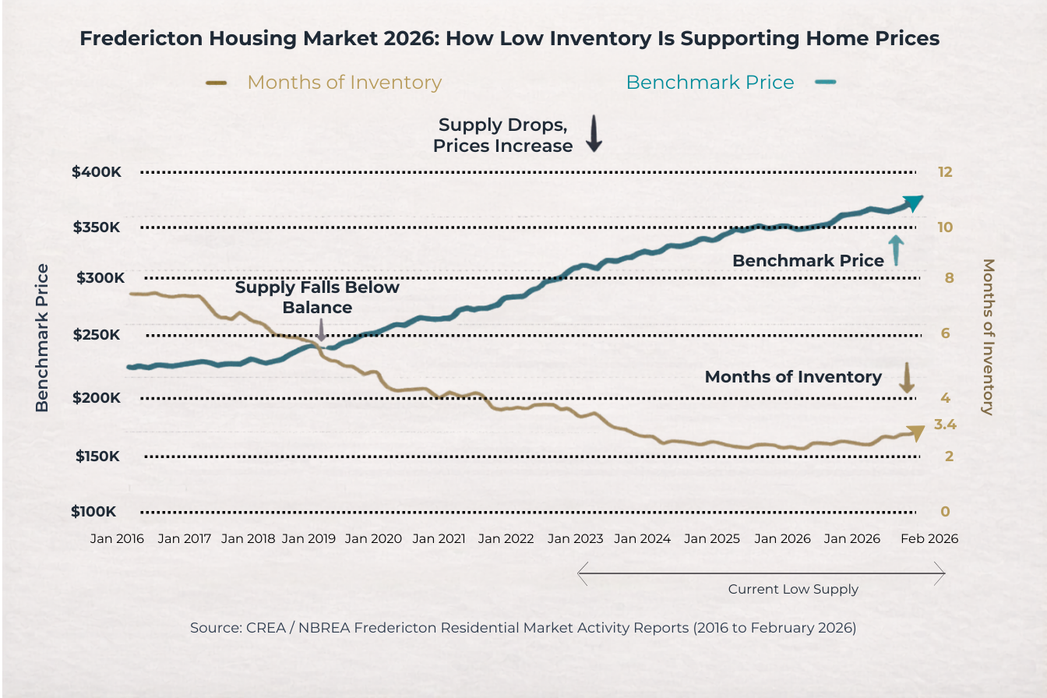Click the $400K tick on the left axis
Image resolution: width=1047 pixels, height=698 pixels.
coord(96,172)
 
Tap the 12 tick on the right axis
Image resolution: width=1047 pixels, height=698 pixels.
coord(946,172)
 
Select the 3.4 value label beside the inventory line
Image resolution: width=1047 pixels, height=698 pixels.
coord(945,425)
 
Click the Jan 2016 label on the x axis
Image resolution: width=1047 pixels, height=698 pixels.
coord(117,538)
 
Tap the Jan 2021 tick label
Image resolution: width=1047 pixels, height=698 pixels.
coord(439,538)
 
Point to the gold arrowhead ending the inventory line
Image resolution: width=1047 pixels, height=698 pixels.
coord(916,432)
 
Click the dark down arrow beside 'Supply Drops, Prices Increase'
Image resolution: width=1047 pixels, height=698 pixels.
coord(594,134)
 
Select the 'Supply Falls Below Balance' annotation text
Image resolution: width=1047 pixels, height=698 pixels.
coord(317,297)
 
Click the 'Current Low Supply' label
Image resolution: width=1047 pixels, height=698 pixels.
coord(793,589)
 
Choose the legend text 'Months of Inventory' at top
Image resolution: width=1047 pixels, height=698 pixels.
coord(344,82)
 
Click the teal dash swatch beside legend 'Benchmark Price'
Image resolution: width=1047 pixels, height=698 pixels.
coord(826,82)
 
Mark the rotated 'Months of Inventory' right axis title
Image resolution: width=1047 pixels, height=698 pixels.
coord(989,337)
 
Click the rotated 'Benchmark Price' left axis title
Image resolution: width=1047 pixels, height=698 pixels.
coord(42,337)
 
